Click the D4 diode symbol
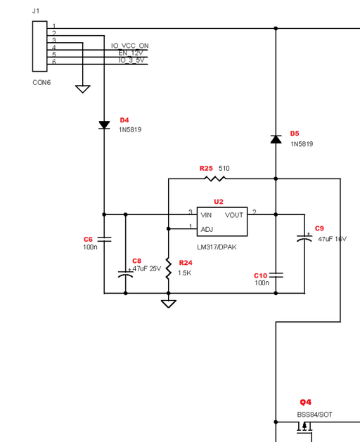click(104, 125)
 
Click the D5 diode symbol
click(276, 139)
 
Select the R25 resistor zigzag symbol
click(214, 178)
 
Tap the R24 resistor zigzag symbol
click(169, 268)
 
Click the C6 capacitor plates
click(104, 240)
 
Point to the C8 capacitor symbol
click(126, 274)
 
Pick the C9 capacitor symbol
click(304, 238)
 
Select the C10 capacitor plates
click(276, 275)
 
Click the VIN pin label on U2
click(206, 215)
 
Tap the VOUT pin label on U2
click(234, 215)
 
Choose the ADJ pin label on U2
click(207, 230)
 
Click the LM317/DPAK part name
click(217, 247)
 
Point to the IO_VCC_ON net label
click(130, 46)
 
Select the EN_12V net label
click(131, 53)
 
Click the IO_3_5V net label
click(131, 60)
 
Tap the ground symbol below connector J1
click(83, 89)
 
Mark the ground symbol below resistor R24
click(169, 304)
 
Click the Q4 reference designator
click(306, 402)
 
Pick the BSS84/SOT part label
click(314, 415)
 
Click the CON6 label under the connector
click(41, 83)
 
